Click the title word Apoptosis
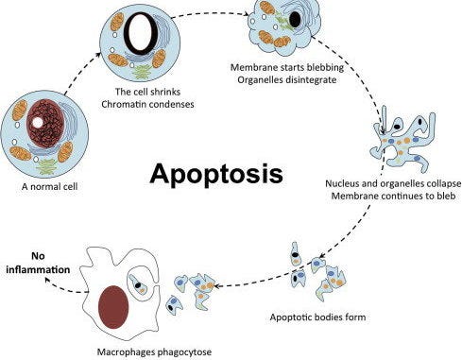(214, 175)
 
